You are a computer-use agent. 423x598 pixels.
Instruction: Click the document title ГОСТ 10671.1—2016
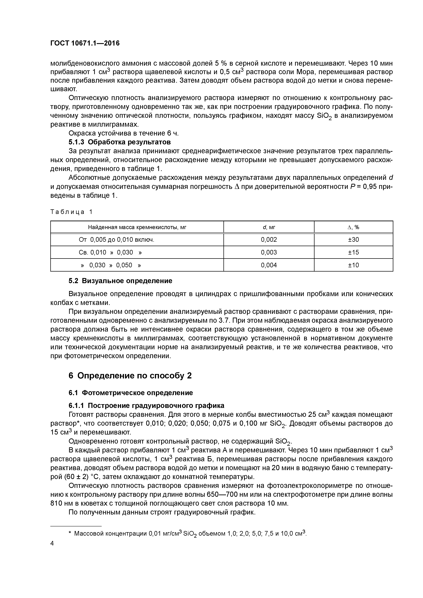point(85,43)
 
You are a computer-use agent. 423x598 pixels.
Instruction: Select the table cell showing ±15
point(353,252)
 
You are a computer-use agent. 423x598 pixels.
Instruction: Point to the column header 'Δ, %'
point(353,227)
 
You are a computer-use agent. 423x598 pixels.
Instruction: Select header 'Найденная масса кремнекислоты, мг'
point(137,227)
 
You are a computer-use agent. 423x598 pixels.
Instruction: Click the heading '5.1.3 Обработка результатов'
point(120,142)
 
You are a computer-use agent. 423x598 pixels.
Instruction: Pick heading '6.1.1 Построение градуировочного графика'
point(146,406)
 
